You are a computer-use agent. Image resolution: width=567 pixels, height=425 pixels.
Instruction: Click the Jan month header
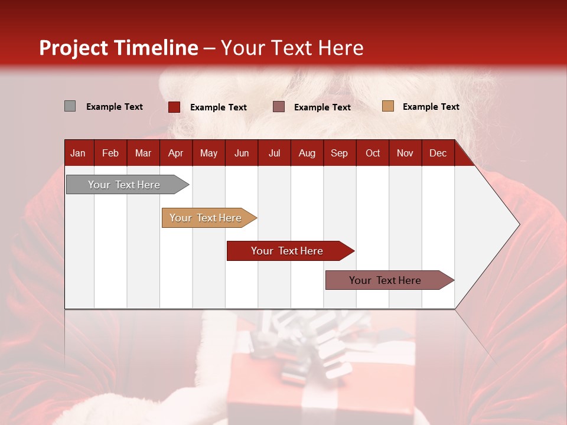pyautogui.click(x=78, y=153)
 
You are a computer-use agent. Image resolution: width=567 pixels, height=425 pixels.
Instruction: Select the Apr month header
pyautogui.click(x=175, y=153)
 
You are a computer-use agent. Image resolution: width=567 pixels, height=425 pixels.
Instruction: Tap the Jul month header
pyautogui.click(x=274, y=153)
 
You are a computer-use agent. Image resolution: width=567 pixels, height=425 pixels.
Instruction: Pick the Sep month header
pyautogui.click(x=339, y=153)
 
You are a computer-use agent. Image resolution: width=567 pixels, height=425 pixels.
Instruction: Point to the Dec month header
pyautogui.click(x=438, y=153)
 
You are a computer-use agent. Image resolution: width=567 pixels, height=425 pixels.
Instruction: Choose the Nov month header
pyautogui.click(x=405, y=153)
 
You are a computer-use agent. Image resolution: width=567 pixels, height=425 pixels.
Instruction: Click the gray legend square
pyautogui.click(x=70, y=106)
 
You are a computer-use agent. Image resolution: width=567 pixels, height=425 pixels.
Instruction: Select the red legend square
pyautogui.click(x=174, y=107)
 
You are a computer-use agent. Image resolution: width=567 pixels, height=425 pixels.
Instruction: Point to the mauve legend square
pyautogui.click(x=279, y=107)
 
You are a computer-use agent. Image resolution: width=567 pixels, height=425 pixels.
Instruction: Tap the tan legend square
pyautogui.click(x=387, y=106)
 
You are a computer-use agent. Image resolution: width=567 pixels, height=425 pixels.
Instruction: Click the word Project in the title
pyautogui.click(x=74, y=48)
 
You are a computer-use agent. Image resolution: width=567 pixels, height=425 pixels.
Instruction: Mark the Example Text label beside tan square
pyautogui.click(x=431, y=107)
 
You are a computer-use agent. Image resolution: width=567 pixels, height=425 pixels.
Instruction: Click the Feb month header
pyautogui.click(x=110, y=153)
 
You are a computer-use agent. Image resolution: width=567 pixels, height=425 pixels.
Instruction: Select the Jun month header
pyautogui.click(x=241, y=153)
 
